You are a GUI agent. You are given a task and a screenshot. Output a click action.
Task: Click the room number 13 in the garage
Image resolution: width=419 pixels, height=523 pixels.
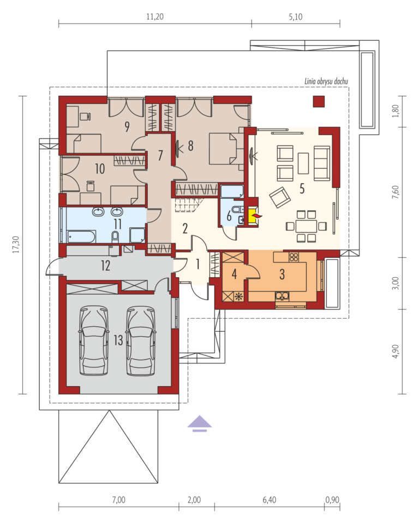click(118, 340)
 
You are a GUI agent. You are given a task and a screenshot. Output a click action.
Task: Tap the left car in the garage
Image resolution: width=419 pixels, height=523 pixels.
click(94, 341)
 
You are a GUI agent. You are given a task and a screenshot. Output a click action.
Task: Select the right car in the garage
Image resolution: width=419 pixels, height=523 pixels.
click(141, 341)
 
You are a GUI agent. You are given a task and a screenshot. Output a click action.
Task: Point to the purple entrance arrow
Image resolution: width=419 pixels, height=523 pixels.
click(200, 424)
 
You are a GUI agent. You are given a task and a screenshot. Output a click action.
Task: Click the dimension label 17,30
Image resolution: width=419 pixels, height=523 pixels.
click(16, 245)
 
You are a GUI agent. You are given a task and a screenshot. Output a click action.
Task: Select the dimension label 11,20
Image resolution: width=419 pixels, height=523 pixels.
click(155, 17)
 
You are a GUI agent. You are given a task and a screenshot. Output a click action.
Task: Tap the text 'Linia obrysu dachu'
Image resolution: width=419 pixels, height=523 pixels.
click(326, 81)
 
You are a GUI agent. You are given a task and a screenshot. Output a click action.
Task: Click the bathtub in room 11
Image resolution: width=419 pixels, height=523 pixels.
click(81, 236)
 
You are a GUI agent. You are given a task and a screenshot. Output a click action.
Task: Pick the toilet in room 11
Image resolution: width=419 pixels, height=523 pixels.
click(116, 236)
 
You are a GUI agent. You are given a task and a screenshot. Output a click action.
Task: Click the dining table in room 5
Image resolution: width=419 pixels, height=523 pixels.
click(306, 226)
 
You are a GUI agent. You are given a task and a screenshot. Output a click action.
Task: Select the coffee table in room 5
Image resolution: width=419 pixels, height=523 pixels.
click(303, 163)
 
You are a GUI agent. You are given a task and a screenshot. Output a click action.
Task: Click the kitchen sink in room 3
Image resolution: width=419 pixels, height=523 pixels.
click(283, 295)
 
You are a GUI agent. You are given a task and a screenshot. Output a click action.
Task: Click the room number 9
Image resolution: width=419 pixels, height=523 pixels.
click(127, 126)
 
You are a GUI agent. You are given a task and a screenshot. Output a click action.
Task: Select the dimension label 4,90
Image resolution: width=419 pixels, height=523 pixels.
click(396, 351)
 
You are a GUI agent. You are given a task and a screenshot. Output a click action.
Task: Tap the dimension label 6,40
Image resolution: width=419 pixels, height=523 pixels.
click(270, 500)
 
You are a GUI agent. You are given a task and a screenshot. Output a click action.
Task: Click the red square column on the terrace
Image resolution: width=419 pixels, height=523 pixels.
click(319, 101)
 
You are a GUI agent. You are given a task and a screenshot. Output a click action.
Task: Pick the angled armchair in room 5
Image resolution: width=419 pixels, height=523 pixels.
click(280, 197)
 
